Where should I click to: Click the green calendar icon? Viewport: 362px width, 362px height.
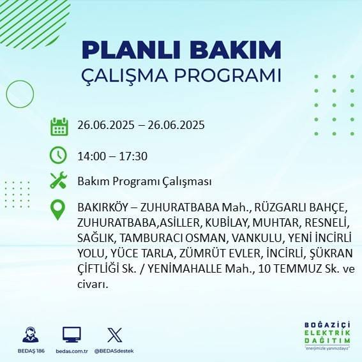(x=59, y=126)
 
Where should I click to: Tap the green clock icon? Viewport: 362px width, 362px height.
(x=59, y=155)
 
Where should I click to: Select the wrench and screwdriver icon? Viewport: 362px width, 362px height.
(x=59, y=181)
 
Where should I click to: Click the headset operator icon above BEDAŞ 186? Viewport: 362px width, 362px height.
(x=29, y=335)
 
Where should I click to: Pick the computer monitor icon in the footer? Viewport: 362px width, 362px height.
(x=72, y=335)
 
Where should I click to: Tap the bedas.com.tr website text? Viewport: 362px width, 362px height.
(x=71, y=351)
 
